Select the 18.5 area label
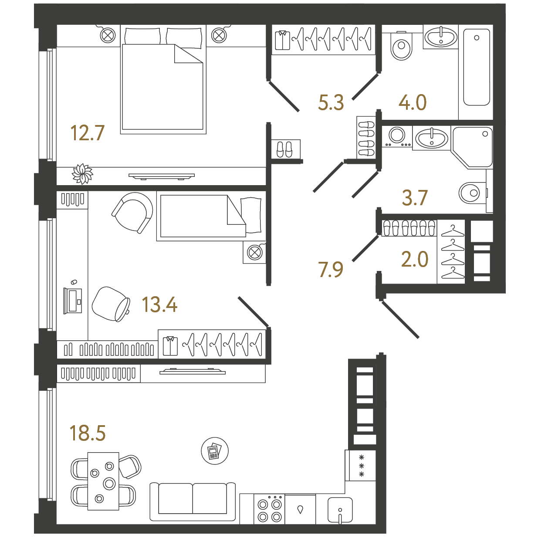pyautogui.click(x=88, y=433)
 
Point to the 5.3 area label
pyautogui.click(x=331, y=102)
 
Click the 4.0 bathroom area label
pyautogui.click(x=413, y=102)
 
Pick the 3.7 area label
pyautogui.click(x=415, y=198)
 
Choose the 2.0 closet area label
pyautogui.click(x=415, y=259)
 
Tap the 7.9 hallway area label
pyautogui.click(x=331, y=270)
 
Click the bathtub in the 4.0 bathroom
pyautogui.click(x=477, y=67)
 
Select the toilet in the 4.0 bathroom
pyautogui.click(x=402, y=45)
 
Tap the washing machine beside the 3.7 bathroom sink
pyautogui.click(x=397, y=136)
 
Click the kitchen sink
pyautogui.click(x=340, y=510)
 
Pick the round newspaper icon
pyautogui.click(x=215, y=450)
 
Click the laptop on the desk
pyautogui.click(x=73, y=301)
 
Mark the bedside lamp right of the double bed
pyautogui.click(x=219, y=35)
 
